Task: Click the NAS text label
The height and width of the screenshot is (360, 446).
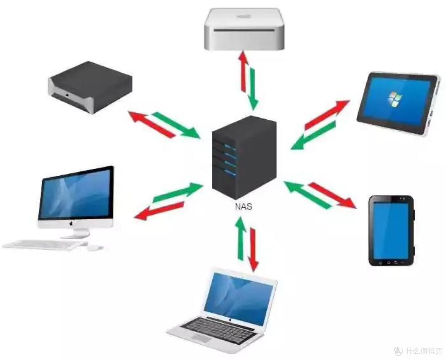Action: (x=244, y=206)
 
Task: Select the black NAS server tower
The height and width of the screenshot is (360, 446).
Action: (x=244, y=157)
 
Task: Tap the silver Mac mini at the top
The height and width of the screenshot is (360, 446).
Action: (x=244, y=29)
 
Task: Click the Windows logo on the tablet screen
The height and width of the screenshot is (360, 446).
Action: (x=395, y=98)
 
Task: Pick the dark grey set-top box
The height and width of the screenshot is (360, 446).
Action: (x=90, y=87)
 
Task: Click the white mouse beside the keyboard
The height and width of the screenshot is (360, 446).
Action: (x=95, y=248)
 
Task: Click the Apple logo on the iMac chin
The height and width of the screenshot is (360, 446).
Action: (x=71, y=223)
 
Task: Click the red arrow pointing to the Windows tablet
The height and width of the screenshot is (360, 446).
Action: (x=327, y=115)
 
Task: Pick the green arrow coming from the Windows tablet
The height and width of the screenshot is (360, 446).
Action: (x=313, y=135)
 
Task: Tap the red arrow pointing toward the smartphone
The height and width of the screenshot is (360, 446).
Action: (x=332, y=195)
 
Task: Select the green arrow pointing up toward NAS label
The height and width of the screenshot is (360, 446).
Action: (x=241, y=238)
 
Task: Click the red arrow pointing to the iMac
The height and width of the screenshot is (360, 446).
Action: (x=159, y=211)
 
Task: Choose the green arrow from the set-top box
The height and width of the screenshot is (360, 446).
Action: (x=176, y=126)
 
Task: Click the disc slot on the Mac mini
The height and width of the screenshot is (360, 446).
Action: (x=244, y=30)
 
